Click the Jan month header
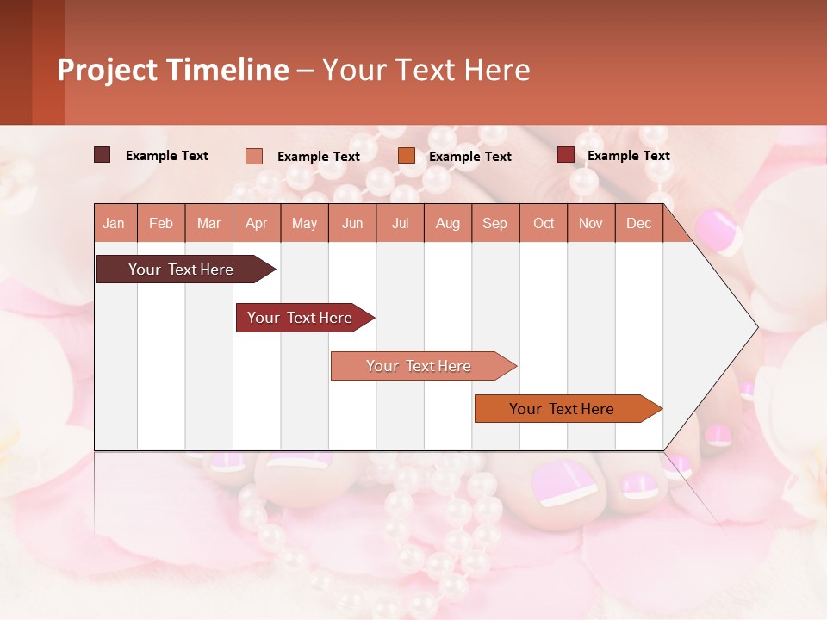pyautogui.click(x=114, y=223)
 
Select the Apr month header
pyautogui.click(x=256, y=223)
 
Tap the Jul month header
pyautogui.click(x=400, y=223)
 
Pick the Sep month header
pyautogui.click(x=494, y=223)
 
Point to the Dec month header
pyautogui.click(x=638, y=223)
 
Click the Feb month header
pyautogui.click(x=161, y=223)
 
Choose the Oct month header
pyautogui.click(x=544, y=223)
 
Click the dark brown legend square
pyautogui.click(x=102, y=155)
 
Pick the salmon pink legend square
pyautogui.click(x=253, y=156)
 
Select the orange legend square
pyautogui.click(x=407, y=156)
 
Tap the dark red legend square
pyautogui.click(x=565, y=155)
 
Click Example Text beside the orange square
pyautogui.click(x=469, y=156)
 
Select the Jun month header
pyautogui.click(x=352, y=223)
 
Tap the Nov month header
pyautogui.click(x=591, y=223)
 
